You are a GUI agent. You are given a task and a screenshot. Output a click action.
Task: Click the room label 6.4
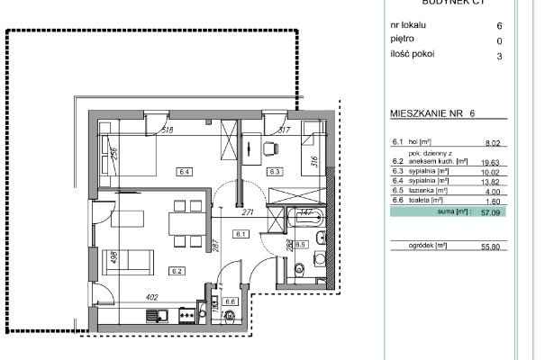pyautogui.click(x=185, y=171)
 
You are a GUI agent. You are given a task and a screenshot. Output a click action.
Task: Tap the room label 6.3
pyautogui.click(x=276, y=171)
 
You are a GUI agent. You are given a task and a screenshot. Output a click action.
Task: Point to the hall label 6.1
pyautogui.click(x=240, y=234)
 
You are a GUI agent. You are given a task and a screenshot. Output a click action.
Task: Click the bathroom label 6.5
pyautogui.click(x=302, y=244)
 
